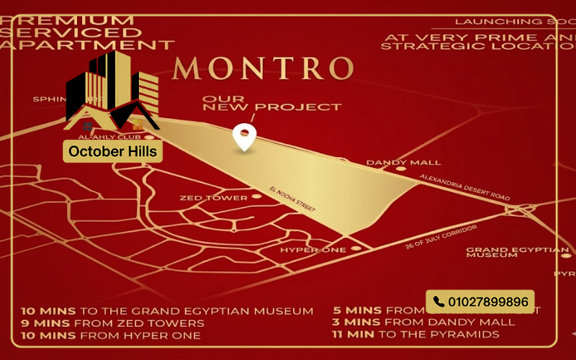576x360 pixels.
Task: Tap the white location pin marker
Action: (x=245, y=137)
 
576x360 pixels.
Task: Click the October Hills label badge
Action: (x=112, y=152)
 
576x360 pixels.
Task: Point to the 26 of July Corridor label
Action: (x=441, y=236)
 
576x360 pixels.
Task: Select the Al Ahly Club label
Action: (x=118, y=136)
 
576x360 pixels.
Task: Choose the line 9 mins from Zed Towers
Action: (x=112, y=323)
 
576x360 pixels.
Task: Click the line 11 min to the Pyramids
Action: (x=415, y=334)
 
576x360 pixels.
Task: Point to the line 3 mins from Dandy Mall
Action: (x=424, y=323)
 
